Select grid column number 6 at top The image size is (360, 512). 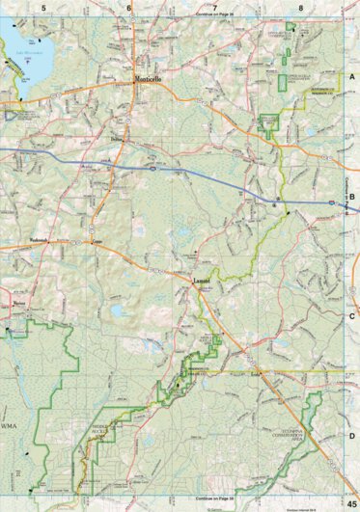click(x=129, y=7)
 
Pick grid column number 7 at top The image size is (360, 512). click(x=215, y=7)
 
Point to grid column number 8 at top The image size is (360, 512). click(x=301, y=7)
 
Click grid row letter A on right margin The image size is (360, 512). click(x=352, y=74)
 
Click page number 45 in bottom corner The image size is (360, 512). click(x=349, y=503)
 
